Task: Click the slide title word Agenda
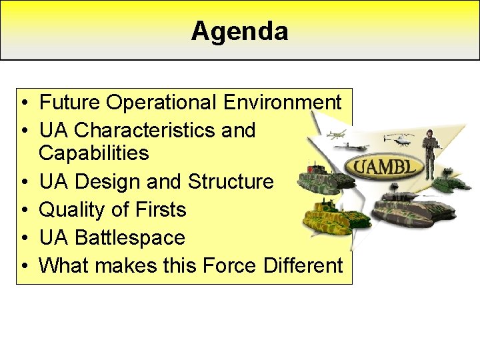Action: coord(239,31)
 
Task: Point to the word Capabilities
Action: coord(93,153)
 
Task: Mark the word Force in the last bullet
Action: coord(231,265)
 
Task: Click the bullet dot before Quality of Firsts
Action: coord(24,210)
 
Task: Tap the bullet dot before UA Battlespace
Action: coord(24,238)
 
